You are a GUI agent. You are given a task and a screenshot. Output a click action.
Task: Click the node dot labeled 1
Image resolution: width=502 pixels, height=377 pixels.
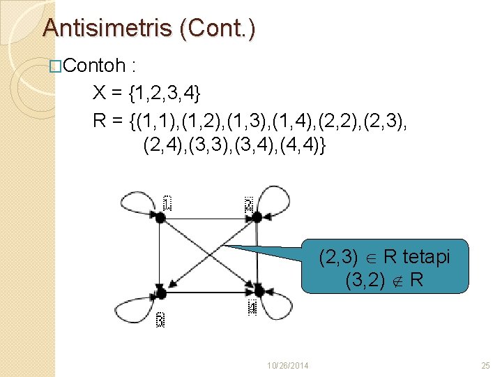click(x=160, y=218)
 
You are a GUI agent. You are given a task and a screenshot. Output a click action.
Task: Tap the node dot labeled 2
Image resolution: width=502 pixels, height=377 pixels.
click(x=257, y=217)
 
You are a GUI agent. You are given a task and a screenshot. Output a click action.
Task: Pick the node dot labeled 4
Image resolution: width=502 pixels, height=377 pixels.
click(x=258, y=290)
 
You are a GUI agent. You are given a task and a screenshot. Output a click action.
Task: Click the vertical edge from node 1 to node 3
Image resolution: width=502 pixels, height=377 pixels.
click(x=160, y=254)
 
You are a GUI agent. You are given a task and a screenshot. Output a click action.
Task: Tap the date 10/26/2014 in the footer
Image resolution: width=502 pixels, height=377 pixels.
click(x=289, y=365)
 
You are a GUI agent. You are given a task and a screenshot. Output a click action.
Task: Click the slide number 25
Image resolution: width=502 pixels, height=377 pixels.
click(x=486, y=365)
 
